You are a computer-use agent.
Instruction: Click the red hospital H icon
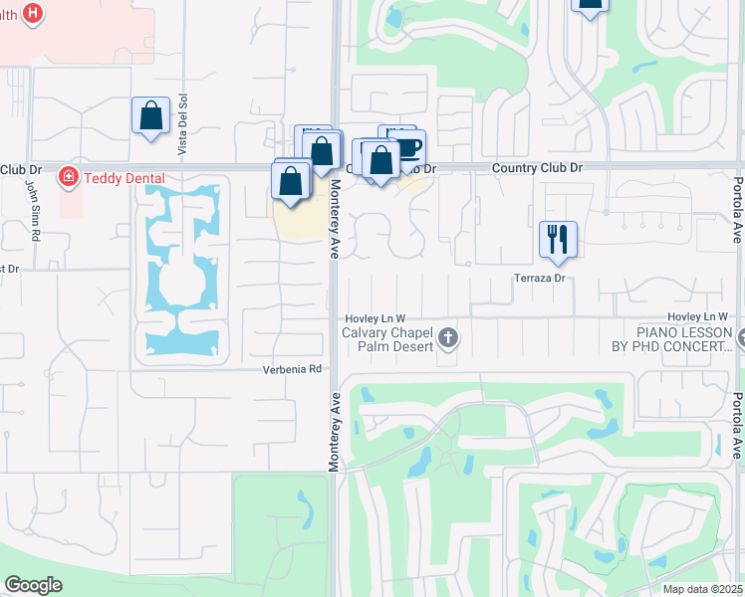(x=33, y=14)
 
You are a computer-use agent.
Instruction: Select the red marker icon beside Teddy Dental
(x=69, y=178)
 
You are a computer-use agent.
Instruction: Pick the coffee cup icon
(x=408, y=147)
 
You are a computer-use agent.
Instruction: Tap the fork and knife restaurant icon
(x=558, y=239)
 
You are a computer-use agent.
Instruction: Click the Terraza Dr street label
(x=540, y=279)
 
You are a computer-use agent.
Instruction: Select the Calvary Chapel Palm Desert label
(x=387, y=339)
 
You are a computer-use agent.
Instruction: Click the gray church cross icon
(x=448, y=338)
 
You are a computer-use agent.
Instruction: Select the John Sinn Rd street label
(x=32, y=209)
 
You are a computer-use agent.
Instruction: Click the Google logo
(x=33, y=585)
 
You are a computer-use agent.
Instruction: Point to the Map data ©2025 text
(x=702, y=589)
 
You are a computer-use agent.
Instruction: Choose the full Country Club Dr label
(x=537, y=168)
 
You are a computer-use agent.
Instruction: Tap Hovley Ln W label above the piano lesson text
(x=698, y=316)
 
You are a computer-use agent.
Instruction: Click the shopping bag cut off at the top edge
(x=590, y=5)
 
